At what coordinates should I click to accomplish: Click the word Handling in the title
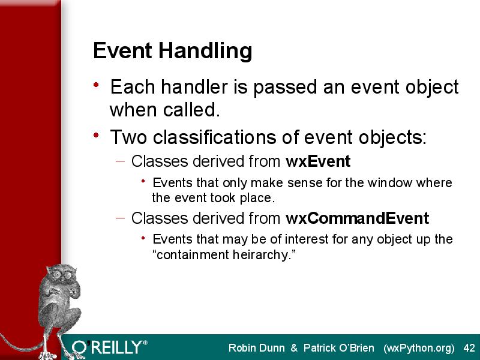pyautogui.click(x=205, y=52)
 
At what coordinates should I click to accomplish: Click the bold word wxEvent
pyautogui.click(x=318, y=161)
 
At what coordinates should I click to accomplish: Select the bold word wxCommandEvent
pyautogui.click(x=357, y=218)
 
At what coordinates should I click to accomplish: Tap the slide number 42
pyautogui.click(x=469, y=348)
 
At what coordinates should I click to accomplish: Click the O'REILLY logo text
pyautogui.click(x=110, y=347)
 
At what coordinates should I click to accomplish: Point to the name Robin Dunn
pyautogui.click(x=257, y=348)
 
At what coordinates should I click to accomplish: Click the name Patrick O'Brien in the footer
pyautogui.click(x=338, y=348)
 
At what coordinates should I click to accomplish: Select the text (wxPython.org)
pyautogui.click(x=418, y=349)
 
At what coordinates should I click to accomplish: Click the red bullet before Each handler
pyautogui.click(x=96, y=85)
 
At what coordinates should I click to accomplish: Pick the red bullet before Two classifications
pyautogui.click(x=96, y=135)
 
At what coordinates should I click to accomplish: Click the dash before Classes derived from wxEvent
pyautogui.click(x=121, y=161)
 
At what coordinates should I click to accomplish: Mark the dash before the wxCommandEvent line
pyautogui.click(x=121, y=218)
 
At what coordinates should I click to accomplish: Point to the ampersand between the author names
pyautogui.click(x=294, y=348)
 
